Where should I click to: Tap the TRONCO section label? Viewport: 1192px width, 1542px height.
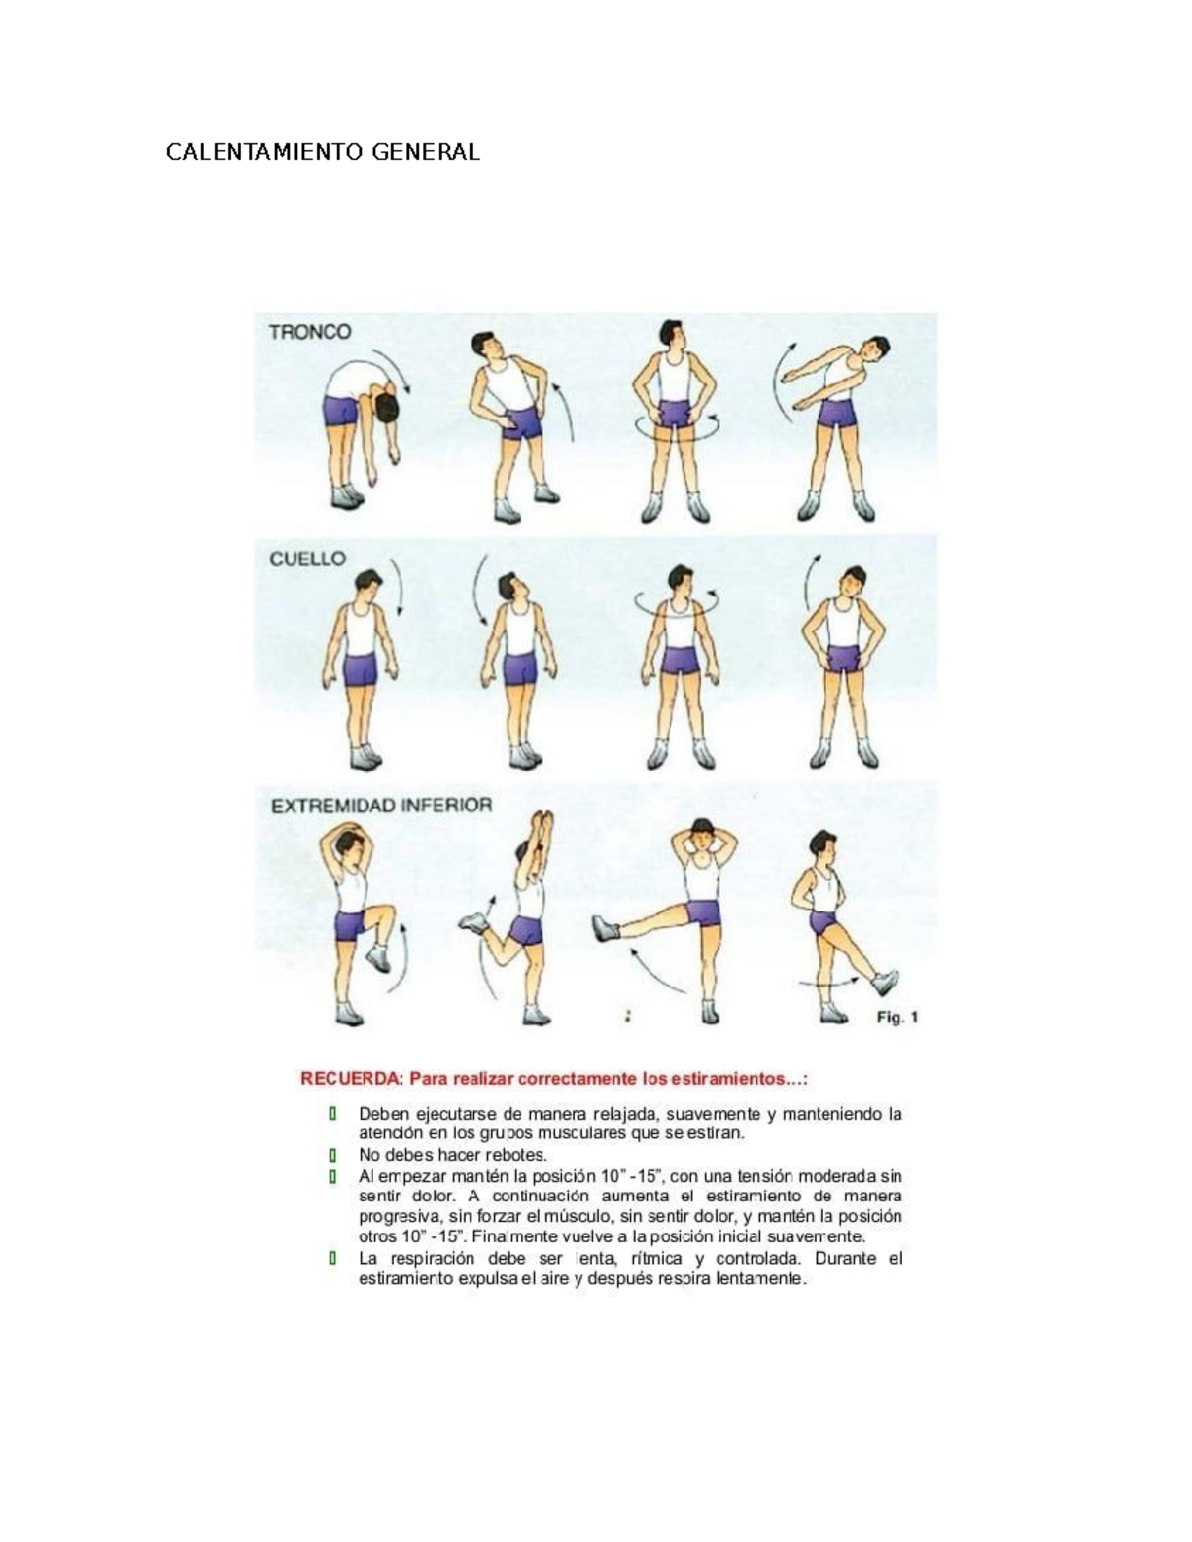[310, 332]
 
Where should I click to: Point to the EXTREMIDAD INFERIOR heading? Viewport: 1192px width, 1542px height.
[381, 805]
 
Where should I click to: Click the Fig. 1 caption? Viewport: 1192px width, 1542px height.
[897, 1017]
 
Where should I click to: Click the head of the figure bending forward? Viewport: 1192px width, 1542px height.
[388, 406]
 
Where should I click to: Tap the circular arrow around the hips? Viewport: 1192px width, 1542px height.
[676, 427]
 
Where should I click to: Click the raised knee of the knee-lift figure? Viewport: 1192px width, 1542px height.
[384, 911]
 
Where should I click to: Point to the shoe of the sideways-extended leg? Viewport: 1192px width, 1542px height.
[607, 928]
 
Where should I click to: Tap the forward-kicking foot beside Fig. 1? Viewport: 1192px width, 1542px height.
[884, 982]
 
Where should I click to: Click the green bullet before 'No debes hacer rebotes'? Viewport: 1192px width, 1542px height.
[332, 1155]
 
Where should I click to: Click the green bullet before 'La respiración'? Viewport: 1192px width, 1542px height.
[332, 1258]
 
